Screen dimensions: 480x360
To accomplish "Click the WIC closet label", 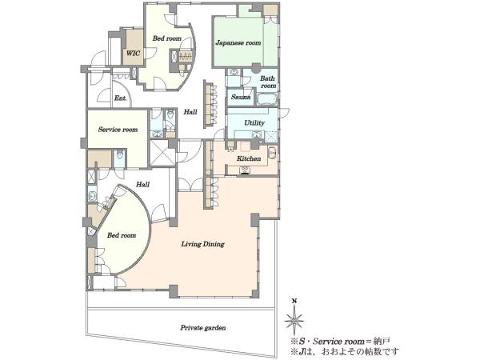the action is (x=133, y=54).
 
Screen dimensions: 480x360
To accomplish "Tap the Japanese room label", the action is (x=238, y=42).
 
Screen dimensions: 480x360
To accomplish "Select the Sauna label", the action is (x=241, y=97).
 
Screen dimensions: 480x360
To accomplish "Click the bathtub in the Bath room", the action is (x=267, y=99).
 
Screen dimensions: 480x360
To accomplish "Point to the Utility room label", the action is (x=254, y=122).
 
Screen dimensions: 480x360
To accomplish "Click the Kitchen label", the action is (x=249, y=158).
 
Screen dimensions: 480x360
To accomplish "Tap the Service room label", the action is (x=118, y=130).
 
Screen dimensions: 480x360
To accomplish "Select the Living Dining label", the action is (x=202, y=244).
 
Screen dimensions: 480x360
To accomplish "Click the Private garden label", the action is (x=203, y=327).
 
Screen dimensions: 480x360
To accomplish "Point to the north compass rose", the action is (x=294, y=321).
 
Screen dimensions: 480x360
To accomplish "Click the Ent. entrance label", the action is (x=120, y=98).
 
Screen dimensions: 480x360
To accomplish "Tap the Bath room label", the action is (x=268, y=82).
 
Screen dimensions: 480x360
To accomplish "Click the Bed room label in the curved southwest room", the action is (x=122, y=235).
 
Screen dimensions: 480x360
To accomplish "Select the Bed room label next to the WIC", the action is (x=167, y=38).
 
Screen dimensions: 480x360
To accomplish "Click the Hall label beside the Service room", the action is (x=190, y=112).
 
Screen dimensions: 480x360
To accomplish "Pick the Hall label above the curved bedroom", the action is (x=142, y=184).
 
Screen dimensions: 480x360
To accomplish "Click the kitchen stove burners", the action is (x=245, y=170).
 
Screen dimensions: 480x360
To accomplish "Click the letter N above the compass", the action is (x=294, y=301).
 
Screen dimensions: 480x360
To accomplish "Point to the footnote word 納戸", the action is (x=382, y=342).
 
